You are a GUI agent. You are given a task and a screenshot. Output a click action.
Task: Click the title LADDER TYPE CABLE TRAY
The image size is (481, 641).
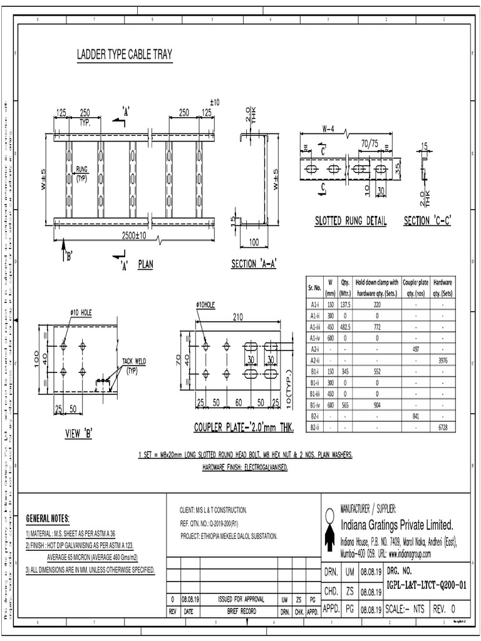coord(124,55)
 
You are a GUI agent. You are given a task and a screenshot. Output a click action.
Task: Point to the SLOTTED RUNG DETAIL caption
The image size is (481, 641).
coord(350,222)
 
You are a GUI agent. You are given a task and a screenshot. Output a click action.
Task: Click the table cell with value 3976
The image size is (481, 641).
coord(443,360)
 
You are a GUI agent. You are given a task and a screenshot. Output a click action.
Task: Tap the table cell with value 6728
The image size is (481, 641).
coord(443,427)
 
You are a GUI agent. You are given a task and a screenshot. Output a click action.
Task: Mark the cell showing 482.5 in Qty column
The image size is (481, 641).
coord(344,327)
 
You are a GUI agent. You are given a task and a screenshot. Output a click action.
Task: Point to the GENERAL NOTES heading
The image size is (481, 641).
coord(48,519)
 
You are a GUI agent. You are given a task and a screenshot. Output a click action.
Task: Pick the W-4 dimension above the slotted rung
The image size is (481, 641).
coord(328,130)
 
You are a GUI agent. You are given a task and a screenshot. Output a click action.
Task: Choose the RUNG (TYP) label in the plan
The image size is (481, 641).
coord(81,173)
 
